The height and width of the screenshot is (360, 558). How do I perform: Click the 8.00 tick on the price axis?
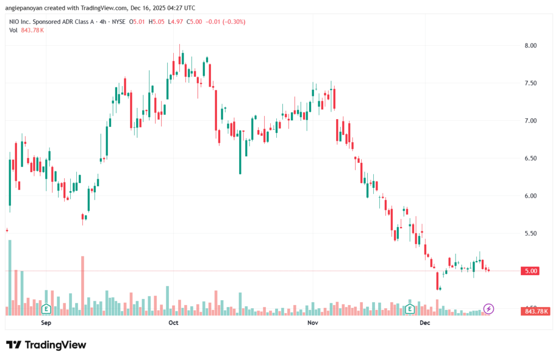click(526, 45)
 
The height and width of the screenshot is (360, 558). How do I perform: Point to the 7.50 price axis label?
click(526, 83)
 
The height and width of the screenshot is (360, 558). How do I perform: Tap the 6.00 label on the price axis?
click(526, 196)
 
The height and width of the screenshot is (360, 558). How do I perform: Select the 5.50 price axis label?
click(526, 233)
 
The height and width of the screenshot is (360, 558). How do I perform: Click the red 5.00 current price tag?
click(526, 271)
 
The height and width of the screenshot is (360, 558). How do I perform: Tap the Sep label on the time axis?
click(46, 323)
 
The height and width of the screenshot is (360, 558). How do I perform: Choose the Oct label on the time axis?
click(173, 323)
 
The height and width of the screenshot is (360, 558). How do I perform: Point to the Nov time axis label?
click(313, 323)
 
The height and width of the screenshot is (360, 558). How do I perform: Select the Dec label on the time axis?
click(426, 323)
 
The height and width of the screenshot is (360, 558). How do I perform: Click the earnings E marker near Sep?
click(47, 309)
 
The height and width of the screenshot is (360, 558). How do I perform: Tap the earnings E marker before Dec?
click(409, 309)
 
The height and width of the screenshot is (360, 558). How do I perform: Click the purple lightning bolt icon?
click(488, 309)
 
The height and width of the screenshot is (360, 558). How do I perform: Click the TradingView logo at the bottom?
click(46, 345)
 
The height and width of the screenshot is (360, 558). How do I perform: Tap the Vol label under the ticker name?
click(14, 30)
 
